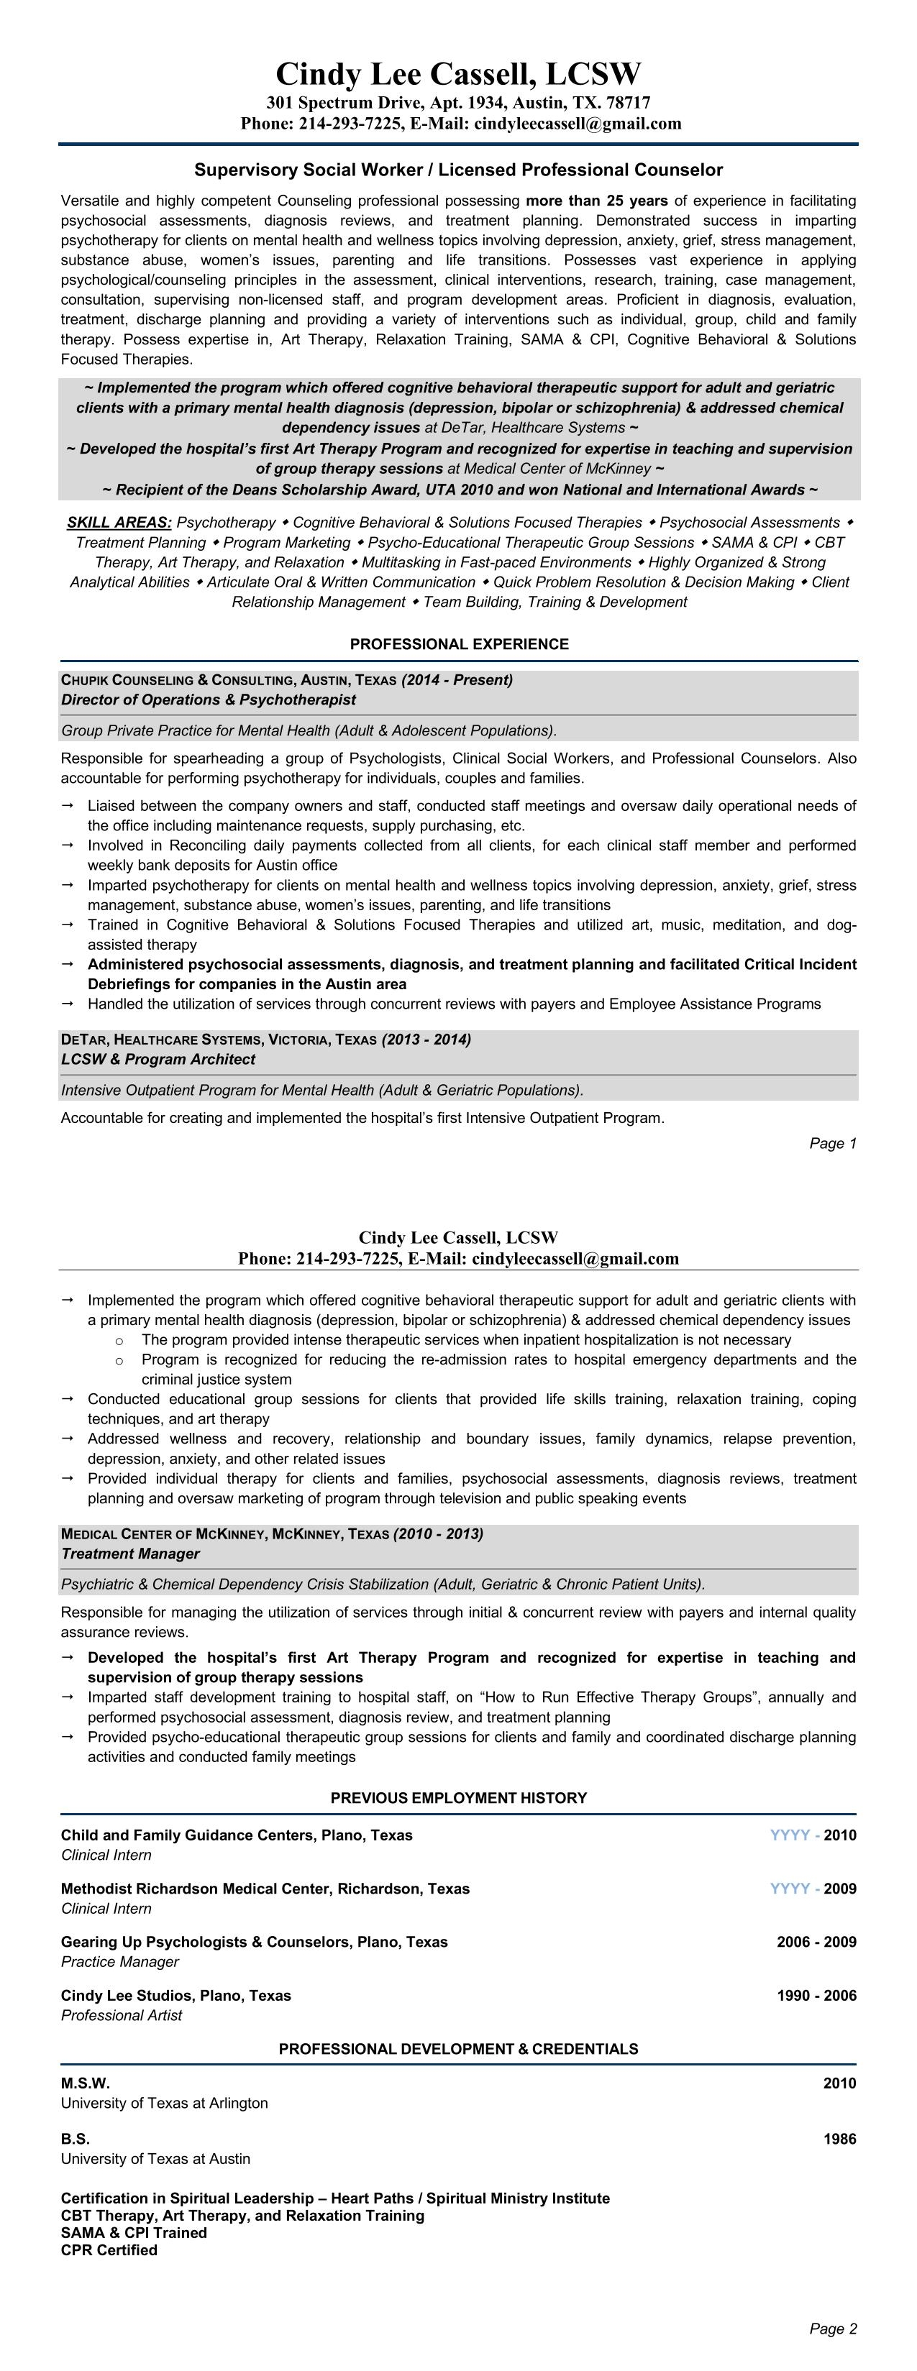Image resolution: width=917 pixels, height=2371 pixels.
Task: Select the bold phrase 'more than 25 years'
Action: point(597,201)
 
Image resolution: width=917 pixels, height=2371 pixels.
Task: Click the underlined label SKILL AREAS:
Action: point(119,523)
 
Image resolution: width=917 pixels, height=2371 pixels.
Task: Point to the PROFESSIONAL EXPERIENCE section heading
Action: point(459,644)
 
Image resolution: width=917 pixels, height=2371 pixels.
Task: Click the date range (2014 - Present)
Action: point(457,680)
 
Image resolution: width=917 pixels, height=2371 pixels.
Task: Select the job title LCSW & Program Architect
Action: point(158,1060)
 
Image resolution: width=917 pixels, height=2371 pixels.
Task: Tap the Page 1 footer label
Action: point(832,1143)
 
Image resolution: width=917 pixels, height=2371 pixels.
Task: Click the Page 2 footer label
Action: point(832,2329)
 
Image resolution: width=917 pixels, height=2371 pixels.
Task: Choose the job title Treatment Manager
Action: point(129,1554)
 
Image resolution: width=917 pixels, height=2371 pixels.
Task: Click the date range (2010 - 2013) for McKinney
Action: point(437,1533)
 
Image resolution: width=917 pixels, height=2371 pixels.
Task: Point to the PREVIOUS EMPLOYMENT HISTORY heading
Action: point(459,1797)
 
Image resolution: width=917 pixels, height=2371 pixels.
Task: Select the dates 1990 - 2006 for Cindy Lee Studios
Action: point(816,1996)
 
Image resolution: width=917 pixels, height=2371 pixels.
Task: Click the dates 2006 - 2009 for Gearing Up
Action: point(816,1942)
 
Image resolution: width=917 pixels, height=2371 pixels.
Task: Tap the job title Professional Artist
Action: point(122,2016)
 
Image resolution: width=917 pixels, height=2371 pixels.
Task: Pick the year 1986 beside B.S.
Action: point(839,2139)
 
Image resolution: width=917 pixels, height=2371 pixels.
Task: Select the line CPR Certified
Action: point(109,2250)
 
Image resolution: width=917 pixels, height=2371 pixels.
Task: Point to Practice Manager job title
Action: point(119,1961)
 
